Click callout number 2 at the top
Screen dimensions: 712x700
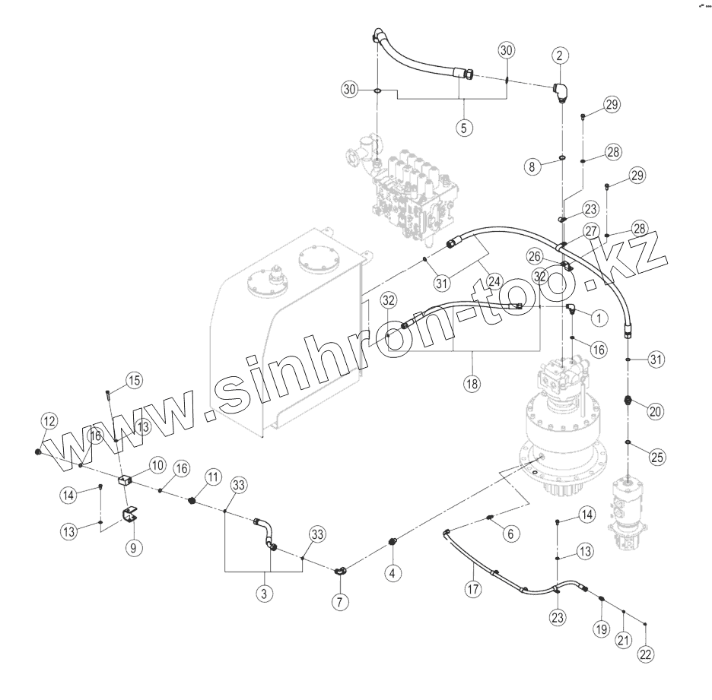560,55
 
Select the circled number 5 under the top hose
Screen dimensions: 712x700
463,127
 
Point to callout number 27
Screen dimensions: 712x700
592,231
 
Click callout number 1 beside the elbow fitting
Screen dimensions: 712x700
598,315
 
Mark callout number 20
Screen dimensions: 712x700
656,411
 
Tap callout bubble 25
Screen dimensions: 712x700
656,457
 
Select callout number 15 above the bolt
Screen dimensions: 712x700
133,379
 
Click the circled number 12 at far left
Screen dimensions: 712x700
49,420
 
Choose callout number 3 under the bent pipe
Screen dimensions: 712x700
264,594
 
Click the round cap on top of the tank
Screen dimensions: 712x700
319,258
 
